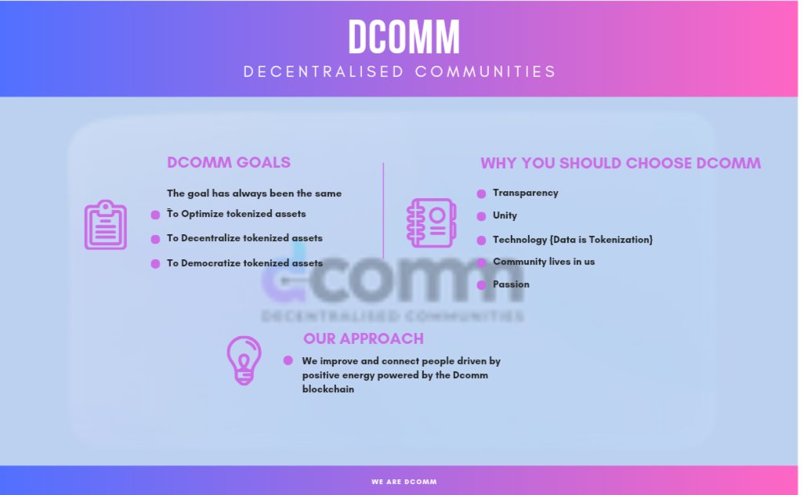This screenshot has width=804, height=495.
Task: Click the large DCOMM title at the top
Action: tap(404, 36)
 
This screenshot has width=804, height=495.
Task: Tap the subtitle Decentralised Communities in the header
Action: tap(400, 71)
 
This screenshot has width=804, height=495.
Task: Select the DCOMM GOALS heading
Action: tap(229, 163)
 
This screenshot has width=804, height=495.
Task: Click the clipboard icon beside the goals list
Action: tap(105, 225)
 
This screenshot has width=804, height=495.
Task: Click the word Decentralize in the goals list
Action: tap(212, 238)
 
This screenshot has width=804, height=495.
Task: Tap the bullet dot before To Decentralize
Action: tap(155, 239)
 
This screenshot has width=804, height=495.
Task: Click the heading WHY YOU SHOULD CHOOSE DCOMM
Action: tap(620, 164)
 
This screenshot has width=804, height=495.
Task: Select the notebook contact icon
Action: tap(431, 222)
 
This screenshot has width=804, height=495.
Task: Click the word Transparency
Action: tap(525, 193)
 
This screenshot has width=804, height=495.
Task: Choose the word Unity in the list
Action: tap(505, 215)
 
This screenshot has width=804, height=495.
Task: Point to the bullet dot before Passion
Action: tap(481, 285)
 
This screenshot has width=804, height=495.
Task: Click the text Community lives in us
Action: tap(543, 262)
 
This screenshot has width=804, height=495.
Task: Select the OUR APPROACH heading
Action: tap(364, 338)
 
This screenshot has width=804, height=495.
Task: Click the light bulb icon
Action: tap(244, 360)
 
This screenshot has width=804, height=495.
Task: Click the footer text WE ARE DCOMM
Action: tap(404, 482)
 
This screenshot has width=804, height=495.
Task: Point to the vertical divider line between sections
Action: tap(383, 210)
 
